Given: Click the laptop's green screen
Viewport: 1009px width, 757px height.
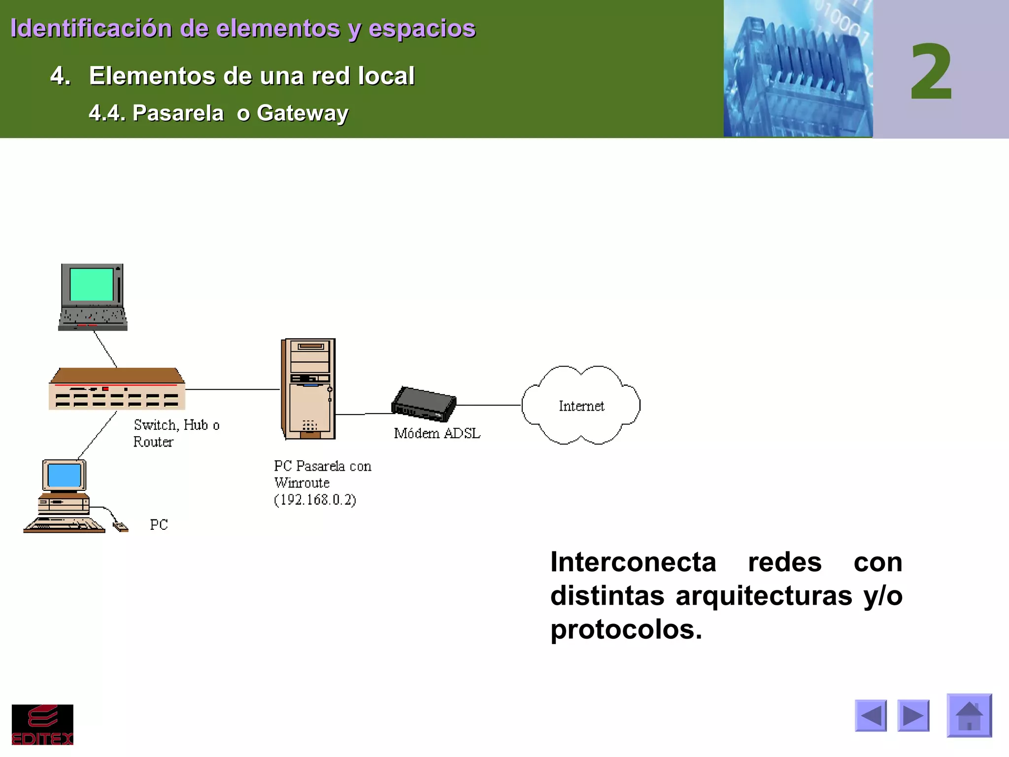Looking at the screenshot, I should click(92, 284).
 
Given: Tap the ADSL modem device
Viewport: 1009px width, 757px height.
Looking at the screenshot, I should click(424, 404).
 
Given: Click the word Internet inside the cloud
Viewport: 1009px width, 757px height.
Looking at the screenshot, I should click(581, 406).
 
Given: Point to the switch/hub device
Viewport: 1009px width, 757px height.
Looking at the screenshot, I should click(117, 389).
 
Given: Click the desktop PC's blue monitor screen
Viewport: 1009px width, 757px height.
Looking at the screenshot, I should click(64, 475).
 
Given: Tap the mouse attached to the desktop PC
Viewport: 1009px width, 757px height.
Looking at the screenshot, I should click(121, 527).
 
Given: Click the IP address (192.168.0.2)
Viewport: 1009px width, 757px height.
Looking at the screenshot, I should click(315, 500).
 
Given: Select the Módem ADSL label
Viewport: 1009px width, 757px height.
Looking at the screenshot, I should click(437, 433).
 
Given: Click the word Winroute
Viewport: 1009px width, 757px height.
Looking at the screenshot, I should click(302, 483).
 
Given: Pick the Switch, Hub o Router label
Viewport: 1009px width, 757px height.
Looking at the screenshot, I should click(176, 433).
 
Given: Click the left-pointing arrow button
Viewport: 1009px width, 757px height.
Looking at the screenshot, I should click(871, 716).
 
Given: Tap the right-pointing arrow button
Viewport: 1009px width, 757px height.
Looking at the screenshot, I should click(913, 716).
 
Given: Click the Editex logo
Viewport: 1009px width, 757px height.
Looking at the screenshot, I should click(42, 724).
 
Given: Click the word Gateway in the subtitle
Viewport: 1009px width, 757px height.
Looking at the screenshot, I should click(303, 113).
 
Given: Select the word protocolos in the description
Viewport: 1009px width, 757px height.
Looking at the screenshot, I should click(625, 630).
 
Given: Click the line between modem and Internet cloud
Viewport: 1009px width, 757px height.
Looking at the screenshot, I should click(489, 405).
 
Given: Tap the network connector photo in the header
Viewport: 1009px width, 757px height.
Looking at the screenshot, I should click(798, 69).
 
